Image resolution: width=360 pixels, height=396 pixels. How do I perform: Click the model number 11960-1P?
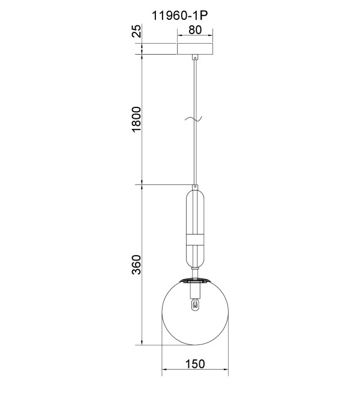pyautogui.click(x=179, y=16)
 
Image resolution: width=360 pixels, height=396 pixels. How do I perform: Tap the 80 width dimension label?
pyautogui.click(x=195, y=30)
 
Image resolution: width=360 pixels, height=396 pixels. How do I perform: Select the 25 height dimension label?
pyautogui.click(x=137, y=31)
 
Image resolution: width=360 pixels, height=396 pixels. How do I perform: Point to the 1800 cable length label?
pyautogui.click(x=137, y=119)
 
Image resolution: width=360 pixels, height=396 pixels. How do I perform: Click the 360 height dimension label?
pyautogui.click(x=137, y=265)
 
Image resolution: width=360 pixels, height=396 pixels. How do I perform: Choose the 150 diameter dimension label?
pyautogui.click(x=195, y=364)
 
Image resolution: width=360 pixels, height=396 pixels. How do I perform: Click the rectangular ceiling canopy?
pyautogui.click(x=195, y=49)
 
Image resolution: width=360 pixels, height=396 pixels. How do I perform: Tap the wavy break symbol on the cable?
pyautogui.click(x=194, y=118)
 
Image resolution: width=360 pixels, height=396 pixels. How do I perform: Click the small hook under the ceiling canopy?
pyautogui.click(x=195, y=58)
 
